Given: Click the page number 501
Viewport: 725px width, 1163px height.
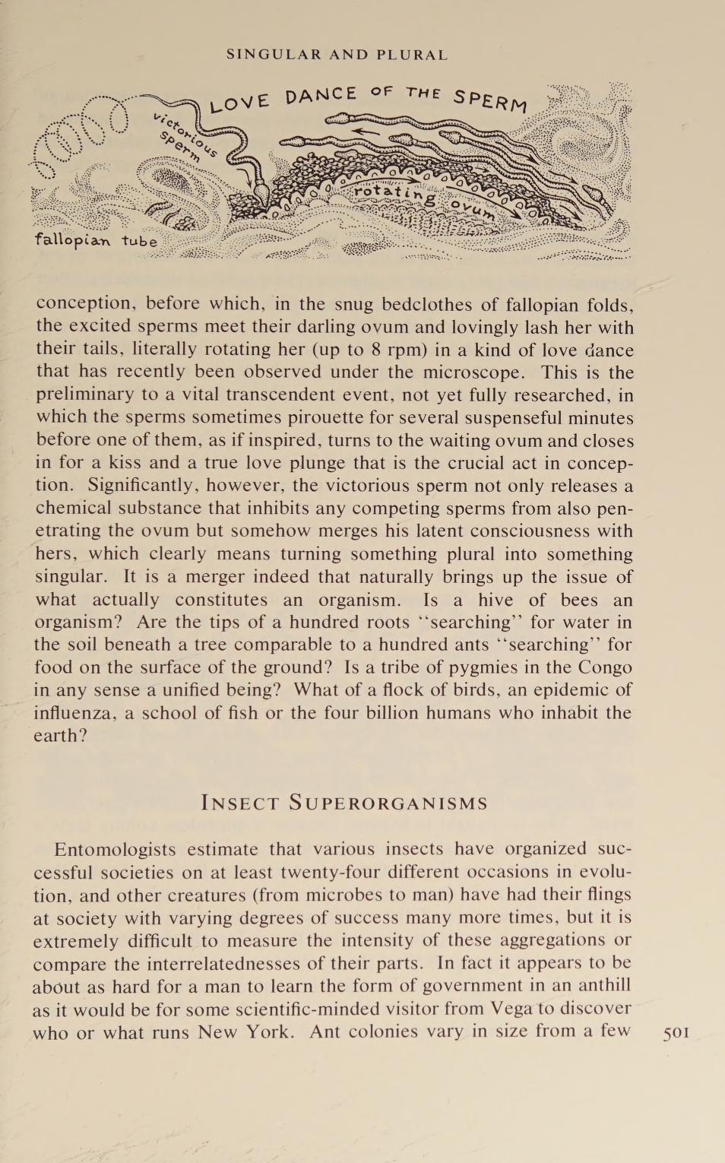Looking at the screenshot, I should (676, 1033).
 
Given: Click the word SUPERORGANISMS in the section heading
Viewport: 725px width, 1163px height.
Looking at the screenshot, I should (388, 803).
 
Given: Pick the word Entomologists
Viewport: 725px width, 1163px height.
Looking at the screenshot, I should (115, 849).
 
